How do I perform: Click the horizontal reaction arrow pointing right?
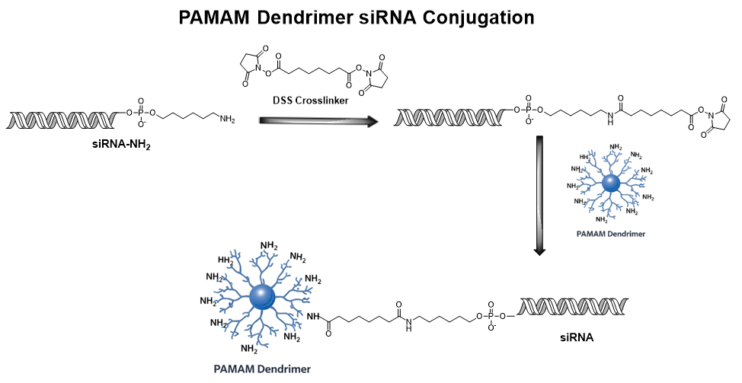point(318,120)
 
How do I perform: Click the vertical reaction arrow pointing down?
point(539,195)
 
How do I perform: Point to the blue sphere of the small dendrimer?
point(610,184)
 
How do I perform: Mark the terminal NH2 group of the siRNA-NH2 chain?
point(228,119)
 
